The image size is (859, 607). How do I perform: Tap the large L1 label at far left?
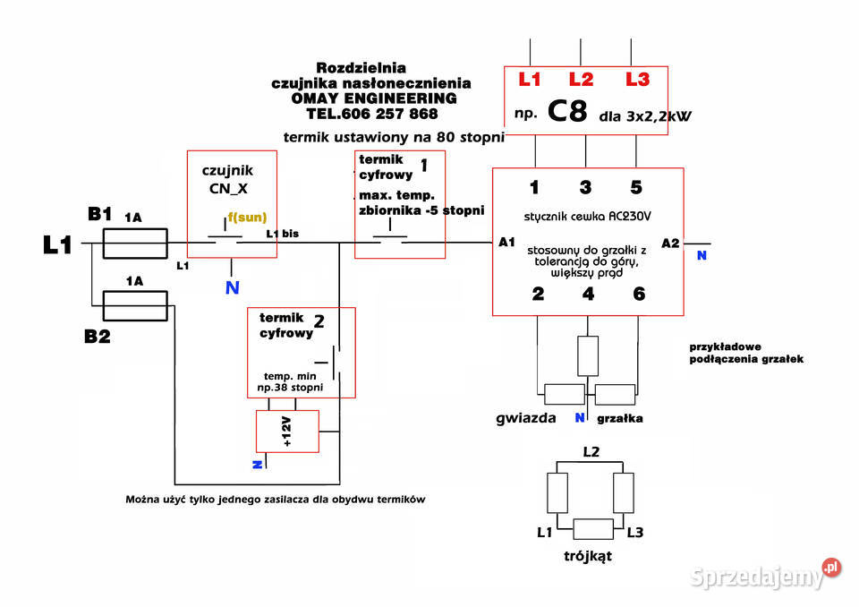coord(57,244)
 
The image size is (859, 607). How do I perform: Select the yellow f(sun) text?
coord(247,218)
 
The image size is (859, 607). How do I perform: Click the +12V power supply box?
coord(287,432)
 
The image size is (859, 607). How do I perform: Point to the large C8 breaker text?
coord(567,111)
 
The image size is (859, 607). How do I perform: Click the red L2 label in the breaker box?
coord(581,80)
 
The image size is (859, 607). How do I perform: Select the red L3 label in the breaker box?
coord(638,80)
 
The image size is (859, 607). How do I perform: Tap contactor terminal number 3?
coord(585,187)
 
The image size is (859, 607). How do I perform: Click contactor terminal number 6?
coord(639,294)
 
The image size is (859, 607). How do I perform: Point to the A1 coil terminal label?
coord(506,243)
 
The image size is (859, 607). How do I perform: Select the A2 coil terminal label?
coord(670,244)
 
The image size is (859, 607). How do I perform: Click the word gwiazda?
coord(526,418)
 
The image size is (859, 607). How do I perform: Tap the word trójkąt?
coord(588,557)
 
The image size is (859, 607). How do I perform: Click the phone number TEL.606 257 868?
coord(372,114)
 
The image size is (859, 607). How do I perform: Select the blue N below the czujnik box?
coord(233,288)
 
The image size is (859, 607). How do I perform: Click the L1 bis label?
coord(283,234)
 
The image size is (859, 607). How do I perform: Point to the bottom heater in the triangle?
coord(593,529)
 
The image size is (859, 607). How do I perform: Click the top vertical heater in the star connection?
coord(588,355)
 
